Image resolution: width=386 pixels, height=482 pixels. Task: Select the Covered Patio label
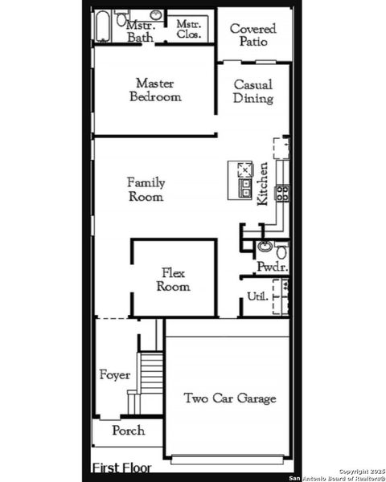tap(253, 35)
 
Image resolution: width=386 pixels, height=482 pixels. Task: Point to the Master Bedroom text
tap(154, 89)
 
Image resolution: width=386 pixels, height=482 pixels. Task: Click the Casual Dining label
tap(253, 92)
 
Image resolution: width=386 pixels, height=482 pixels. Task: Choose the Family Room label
tap(146, 190)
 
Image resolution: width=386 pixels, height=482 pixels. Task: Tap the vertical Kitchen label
tap(262, 184)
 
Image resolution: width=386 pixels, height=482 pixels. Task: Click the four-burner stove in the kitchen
tap(283, 192)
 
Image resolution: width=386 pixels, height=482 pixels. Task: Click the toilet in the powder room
tap(281, 251)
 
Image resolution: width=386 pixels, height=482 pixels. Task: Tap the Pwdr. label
tap(271, 267)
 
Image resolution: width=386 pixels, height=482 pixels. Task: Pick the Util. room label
tap(257, 296)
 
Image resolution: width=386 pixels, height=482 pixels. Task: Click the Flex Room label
tap(173, 280)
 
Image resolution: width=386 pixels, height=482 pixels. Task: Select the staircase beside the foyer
tap(150, 378)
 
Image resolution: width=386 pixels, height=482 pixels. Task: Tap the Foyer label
tap(114, 375)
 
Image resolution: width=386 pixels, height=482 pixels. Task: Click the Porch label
tap(128, 431)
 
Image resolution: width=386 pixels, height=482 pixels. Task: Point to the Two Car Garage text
tap(229, 398)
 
